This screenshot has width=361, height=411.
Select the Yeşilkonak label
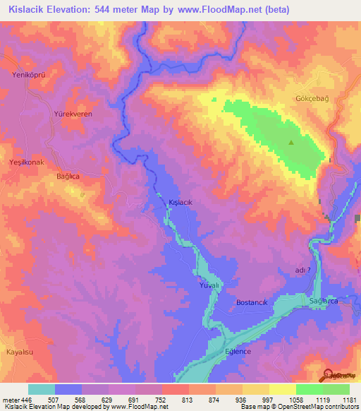coord(26,162)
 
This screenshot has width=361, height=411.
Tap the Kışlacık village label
coord(180,202)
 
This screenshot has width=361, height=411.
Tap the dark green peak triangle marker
coord(290,143)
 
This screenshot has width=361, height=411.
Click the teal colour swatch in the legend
coord(42,388)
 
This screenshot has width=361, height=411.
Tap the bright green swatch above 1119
coord(310,388)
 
